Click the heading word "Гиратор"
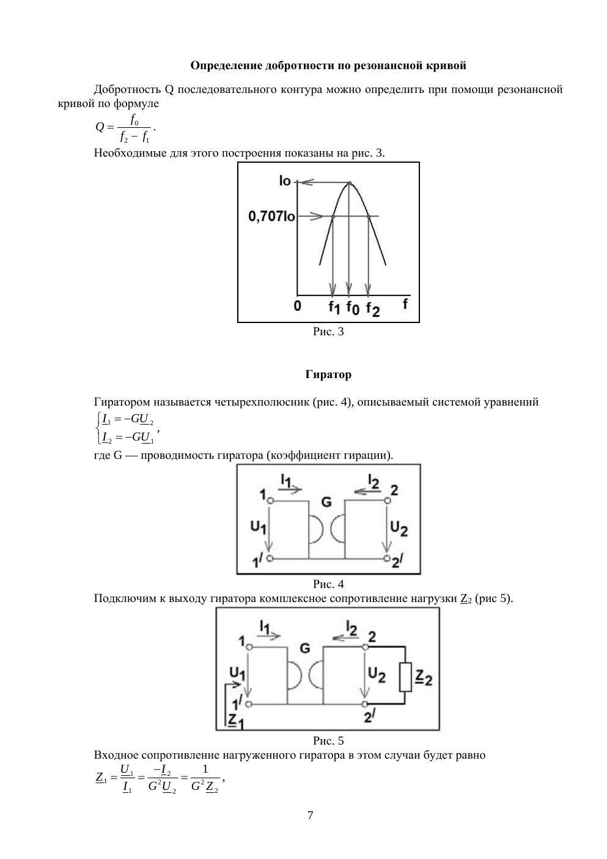pos(328,374)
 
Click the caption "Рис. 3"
pos(328,332)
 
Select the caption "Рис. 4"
pos(328,584)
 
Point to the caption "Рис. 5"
pos(328,741)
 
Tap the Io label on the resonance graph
pos(285,181)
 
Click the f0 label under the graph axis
pos(353,307)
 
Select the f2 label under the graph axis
pos(373,308)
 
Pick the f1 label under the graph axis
pos(334,307)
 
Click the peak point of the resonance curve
pos(349,182)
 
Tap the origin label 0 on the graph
pos(298,305)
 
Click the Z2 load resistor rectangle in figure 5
pos(405,677)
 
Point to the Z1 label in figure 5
pos(235,720)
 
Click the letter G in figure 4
pos(326,502)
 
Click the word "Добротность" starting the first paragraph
pos(129,90)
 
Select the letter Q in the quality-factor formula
pos(100,127)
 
